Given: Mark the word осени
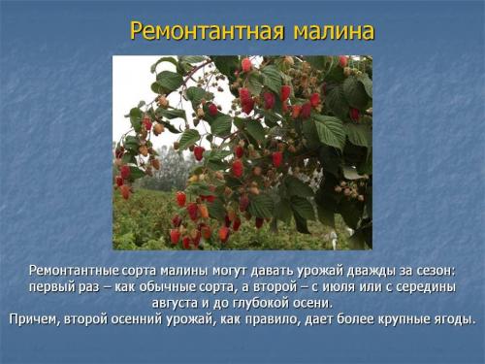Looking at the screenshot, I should click(309, 303).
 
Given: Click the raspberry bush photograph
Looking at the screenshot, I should click(242, 151).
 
